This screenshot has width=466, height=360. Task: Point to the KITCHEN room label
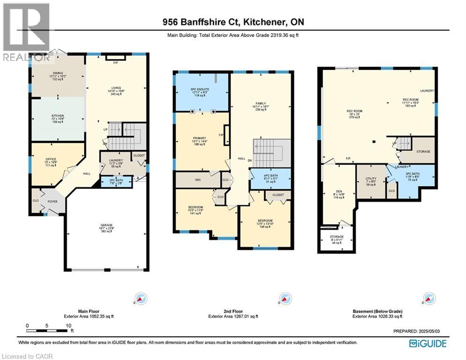click(x=58, y=116)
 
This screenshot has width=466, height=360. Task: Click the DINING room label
click(x=58, y=72)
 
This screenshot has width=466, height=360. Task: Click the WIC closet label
click(x=198, y=179)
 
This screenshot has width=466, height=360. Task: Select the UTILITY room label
click(x=370, y=178)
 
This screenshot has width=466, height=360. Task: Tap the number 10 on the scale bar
click(x=68, y=325)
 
